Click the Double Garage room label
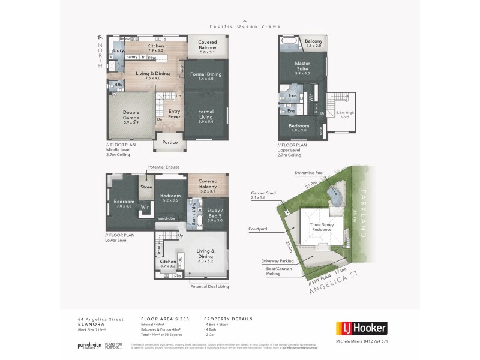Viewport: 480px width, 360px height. click(x=131, y=115)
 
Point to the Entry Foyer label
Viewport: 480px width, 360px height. click(x=174, y=114)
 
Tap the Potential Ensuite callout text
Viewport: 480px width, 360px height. click(x=163, y=166)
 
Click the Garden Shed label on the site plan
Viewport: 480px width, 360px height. click(x=262, y=195)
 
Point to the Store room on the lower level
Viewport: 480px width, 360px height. click(x=146, y=187)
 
